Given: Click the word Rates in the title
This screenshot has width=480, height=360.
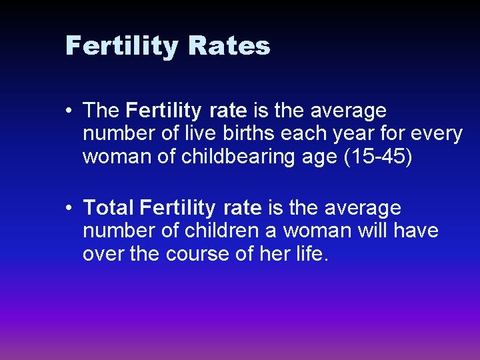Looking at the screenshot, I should pyautogui.click(x=229, y=46).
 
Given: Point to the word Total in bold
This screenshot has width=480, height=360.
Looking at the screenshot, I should pyautogui.click(x=109, y=208).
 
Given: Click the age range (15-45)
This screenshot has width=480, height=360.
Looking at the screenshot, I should pyautogui.click(x=386, y=157).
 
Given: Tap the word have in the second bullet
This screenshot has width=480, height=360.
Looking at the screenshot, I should pyautogui.click(x=416, y=231).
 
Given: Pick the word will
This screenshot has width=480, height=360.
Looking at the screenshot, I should pyautogui.click(x=373, y=231).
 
